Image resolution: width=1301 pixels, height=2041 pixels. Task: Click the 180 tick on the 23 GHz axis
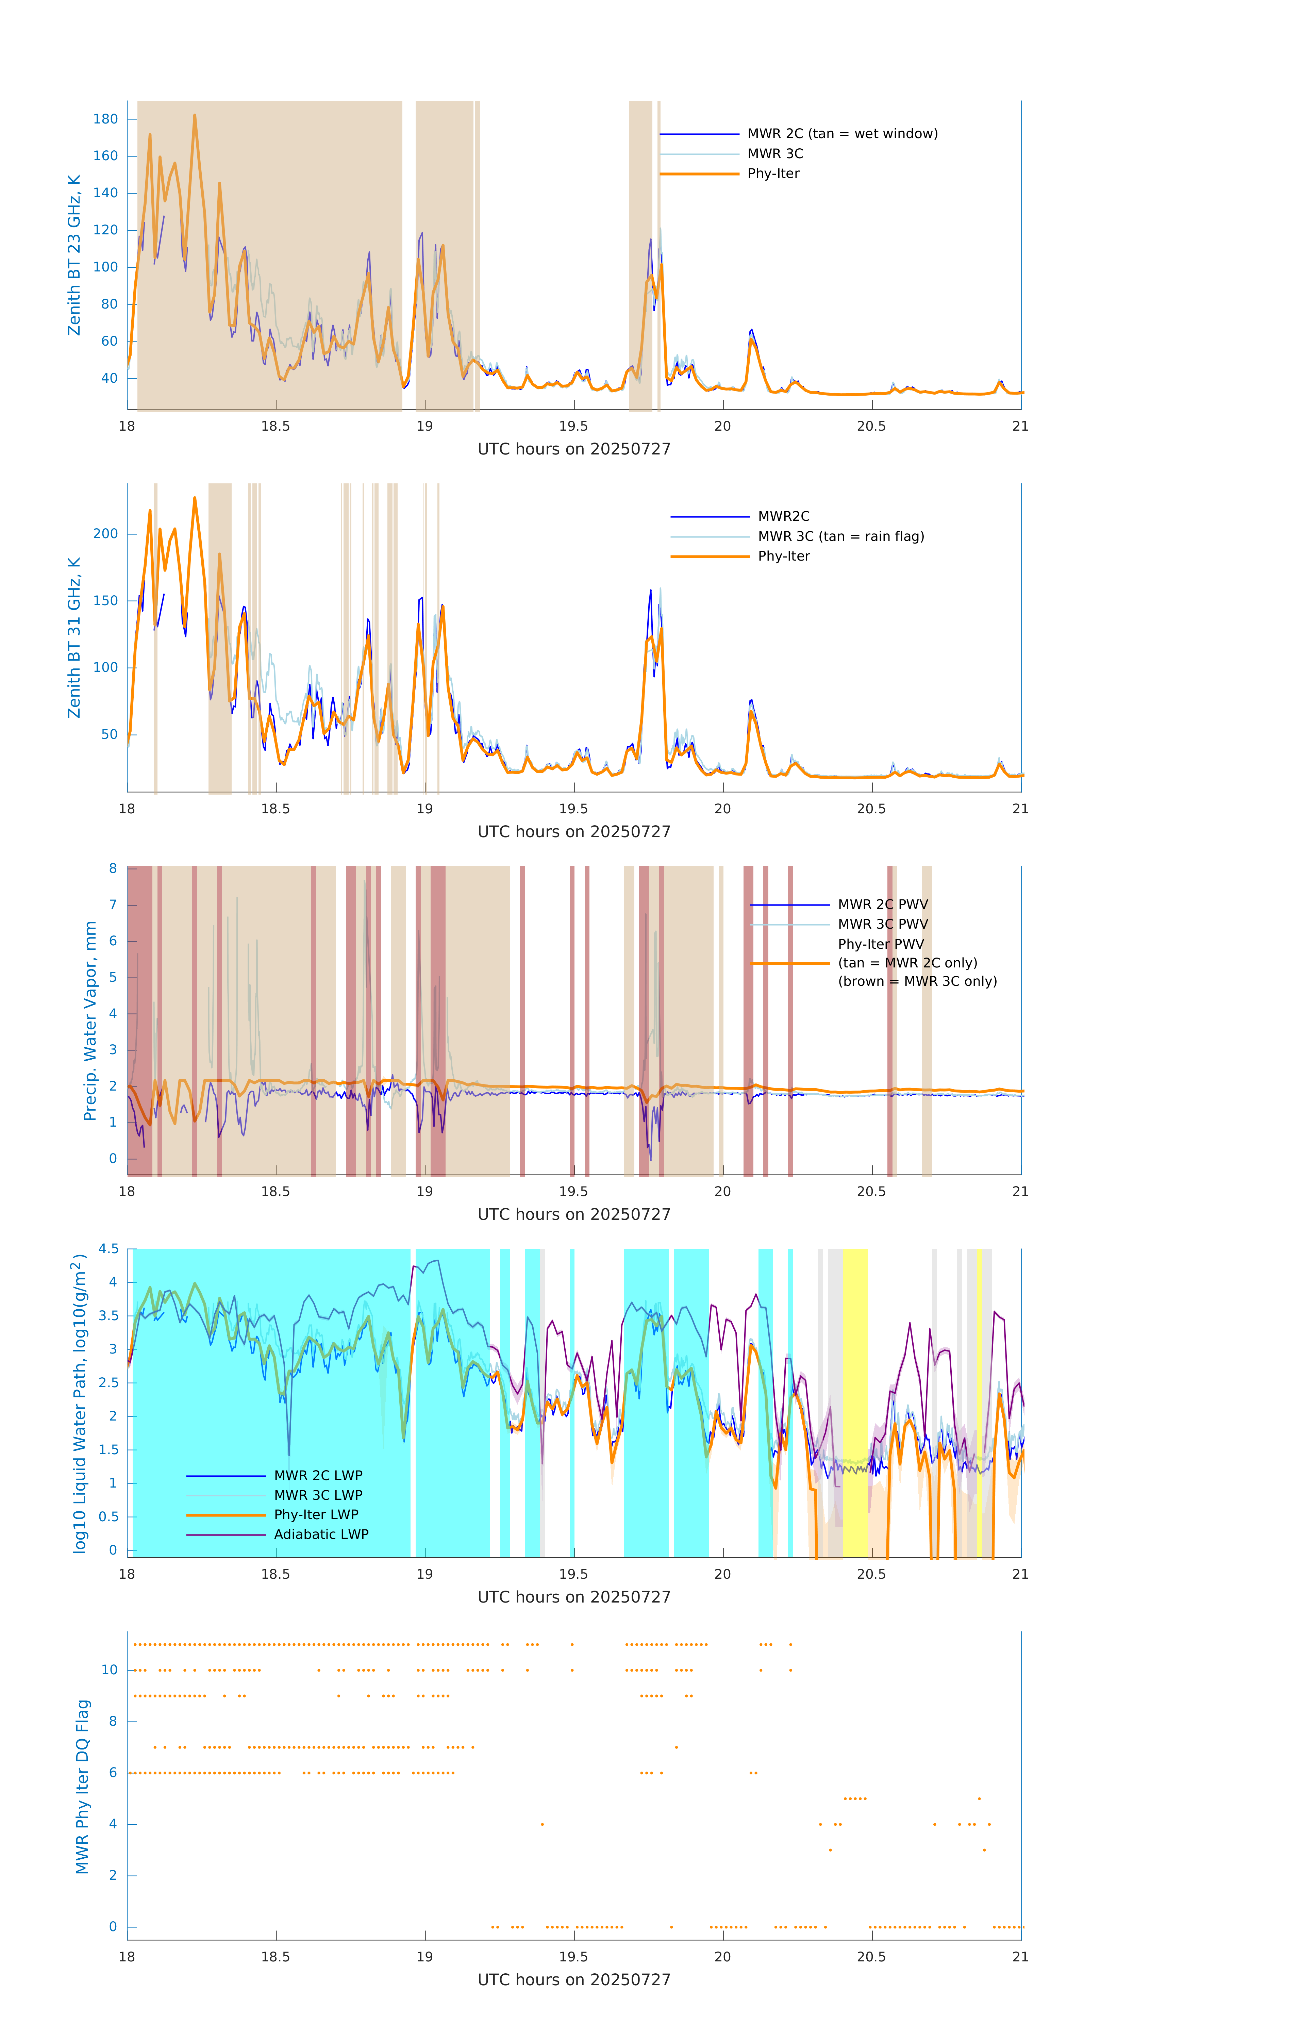click(x=106, y=119)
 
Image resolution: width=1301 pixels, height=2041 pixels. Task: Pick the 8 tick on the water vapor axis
click(x=113, y=868)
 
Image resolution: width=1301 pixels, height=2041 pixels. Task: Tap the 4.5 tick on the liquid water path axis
click(x=109, y=1248)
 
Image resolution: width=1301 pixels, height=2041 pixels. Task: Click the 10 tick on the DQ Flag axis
click(x=109, y=1670)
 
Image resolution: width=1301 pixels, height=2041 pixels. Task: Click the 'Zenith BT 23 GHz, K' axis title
click(x=74, y=255)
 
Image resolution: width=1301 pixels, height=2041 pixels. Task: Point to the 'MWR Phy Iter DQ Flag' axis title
click(x=82, y=1786)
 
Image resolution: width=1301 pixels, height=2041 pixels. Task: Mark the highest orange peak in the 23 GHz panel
click(x=195, y=116)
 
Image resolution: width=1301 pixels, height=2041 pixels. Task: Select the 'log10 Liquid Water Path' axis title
click(x=80, y=1403)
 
